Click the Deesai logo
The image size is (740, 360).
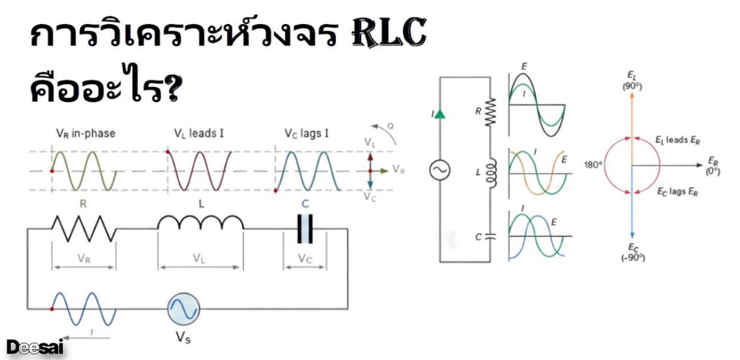(35, 347)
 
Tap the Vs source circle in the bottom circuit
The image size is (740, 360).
(184, 309)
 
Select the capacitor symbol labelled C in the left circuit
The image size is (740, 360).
(305, 229)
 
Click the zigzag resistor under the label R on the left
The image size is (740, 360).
(84, 229)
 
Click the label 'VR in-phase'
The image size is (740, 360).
(85, 133)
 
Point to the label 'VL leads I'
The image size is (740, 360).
(199, 133)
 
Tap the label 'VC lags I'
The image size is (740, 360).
(305, 133)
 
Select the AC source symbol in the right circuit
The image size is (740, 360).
(440, 171)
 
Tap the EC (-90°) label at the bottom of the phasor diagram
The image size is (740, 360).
(632, 252)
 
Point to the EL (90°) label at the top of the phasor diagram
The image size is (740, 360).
(632, 80)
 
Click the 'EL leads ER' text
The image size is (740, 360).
(678, 141)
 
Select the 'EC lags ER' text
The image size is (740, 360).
(677, 192)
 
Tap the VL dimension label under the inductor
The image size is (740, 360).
(200, 259)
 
